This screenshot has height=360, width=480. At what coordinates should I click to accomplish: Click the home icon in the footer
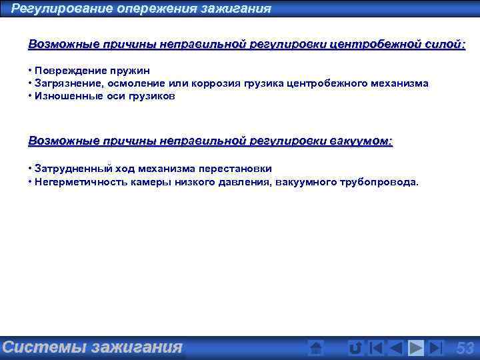click(317, 347)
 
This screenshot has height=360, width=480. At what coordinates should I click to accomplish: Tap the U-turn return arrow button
click(355, 347)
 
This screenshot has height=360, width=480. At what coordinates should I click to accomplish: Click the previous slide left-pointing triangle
click(396, 347)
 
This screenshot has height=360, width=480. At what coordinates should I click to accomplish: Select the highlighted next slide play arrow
click(416, 347)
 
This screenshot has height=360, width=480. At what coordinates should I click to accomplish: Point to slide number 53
click(465, 347)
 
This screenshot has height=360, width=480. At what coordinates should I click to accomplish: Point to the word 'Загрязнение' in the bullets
click(66, 83)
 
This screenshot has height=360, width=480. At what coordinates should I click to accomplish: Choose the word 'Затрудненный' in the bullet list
click(71, 169)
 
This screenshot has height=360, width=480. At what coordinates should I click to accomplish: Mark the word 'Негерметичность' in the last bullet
click(76, 181)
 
